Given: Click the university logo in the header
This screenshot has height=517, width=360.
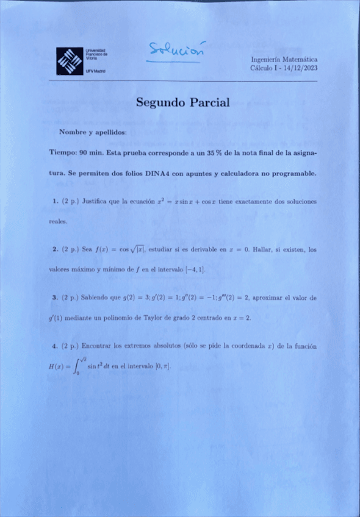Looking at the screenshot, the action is click(69, 61).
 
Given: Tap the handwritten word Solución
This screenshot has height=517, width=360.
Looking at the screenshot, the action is click(177, 51).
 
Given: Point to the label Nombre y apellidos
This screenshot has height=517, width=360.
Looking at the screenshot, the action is click(93, 132).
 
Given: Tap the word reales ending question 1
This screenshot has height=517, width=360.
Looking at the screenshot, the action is click(58, 221).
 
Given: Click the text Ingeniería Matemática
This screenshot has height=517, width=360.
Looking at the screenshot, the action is click(284, 59).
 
